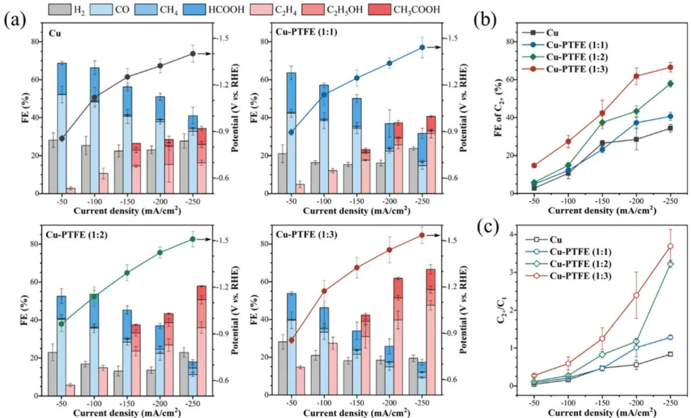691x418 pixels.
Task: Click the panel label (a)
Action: (15, 19)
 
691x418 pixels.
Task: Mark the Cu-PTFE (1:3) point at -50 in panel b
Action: (535, 165)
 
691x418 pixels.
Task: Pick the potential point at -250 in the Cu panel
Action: (193, 54)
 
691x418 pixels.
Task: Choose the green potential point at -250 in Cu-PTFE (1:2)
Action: (193, 239)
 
